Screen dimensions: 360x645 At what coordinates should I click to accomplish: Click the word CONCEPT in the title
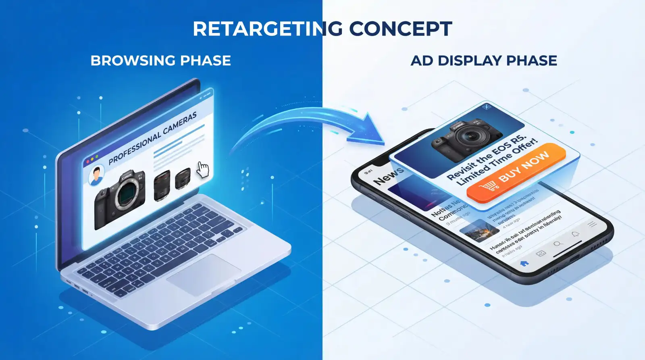click(400, 29)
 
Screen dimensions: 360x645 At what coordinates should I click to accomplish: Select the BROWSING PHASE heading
click(160, 61)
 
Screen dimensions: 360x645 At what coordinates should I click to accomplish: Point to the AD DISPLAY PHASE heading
click(484, 61)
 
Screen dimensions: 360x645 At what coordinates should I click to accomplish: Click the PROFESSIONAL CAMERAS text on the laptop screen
click(152, 138)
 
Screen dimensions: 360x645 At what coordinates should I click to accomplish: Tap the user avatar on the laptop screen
click(96, 176)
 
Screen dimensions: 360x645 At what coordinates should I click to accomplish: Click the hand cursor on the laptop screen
click(203, 170)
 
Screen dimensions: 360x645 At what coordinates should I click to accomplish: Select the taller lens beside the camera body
click(162, 185)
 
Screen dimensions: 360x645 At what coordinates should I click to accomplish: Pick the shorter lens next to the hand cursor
click(183, 178)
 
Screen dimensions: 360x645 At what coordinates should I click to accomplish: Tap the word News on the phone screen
click(388, 176)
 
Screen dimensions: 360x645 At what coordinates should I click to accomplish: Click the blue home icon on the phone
click(524, 263)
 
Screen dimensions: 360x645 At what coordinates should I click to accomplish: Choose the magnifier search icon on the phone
click(558, 243)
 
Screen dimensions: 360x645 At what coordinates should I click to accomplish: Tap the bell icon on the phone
click(575, 234)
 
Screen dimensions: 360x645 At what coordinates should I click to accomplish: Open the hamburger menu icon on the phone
click(592, 224)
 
